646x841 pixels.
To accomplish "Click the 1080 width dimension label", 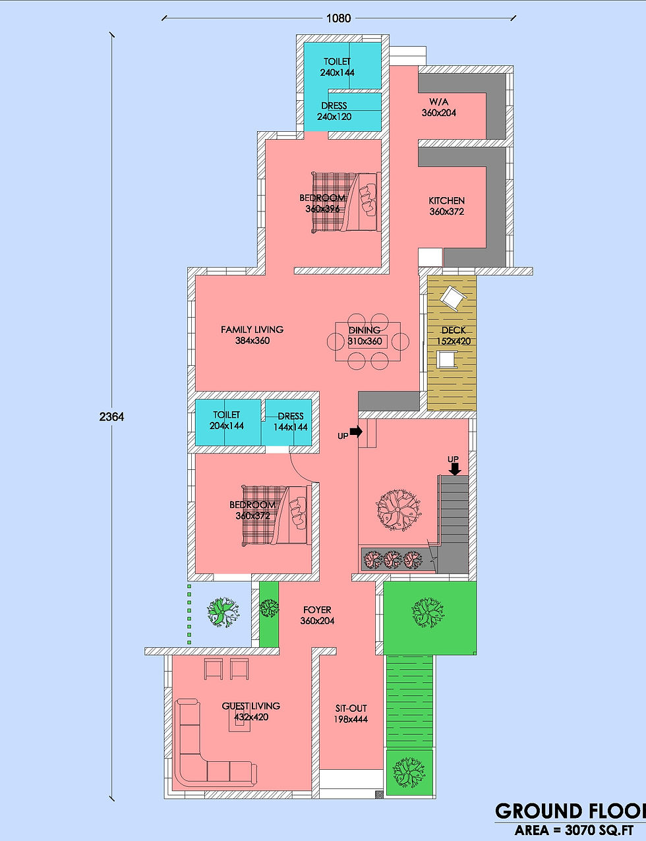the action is (338, 18).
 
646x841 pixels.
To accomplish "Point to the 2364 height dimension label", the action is (111, 417).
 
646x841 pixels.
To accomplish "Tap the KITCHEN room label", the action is (447, 200).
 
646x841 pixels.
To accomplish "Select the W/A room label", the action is (438, 101).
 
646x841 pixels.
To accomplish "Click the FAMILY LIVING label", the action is (252, 330).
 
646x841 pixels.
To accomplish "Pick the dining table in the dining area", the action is (368, 341).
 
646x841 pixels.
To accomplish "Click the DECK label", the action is (454, 330).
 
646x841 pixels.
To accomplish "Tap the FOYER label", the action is (317, 610).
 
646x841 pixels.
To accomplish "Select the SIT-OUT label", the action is (351, 709).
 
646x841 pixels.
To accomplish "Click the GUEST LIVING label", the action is (250, 706).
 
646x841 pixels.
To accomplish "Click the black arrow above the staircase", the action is (455, 469).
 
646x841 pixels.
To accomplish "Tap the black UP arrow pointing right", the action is (356, 432).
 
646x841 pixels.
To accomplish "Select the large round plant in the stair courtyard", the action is (398, 508).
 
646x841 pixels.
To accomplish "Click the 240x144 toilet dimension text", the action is (337, 72).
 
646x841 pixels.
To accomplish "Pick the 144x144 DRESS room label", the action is (290, 421).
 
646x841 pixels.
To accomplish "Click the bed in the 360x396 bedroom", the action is (345, 202).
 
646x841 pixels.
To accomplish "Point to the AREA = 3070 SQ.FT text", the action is (573, 830).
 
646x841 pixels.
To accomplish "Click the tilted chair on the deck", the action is (454, 298).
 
